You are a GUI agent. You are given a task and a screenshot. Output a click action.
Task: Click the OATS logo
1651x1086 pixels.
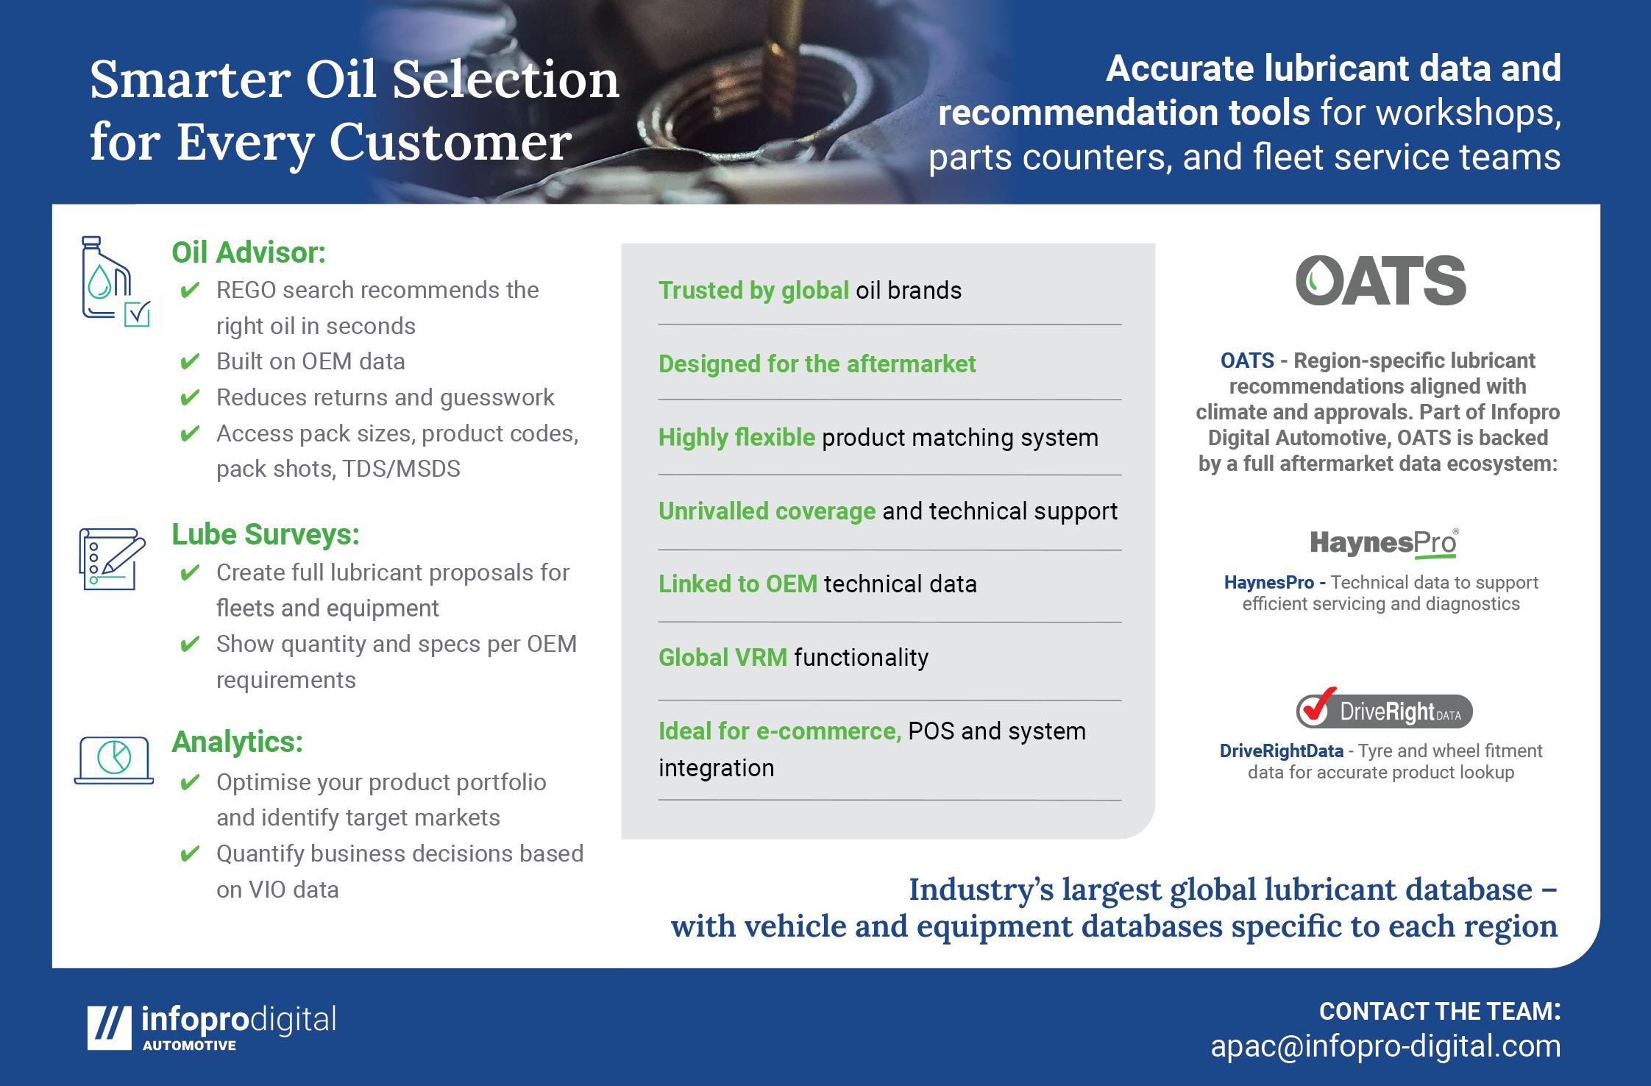tap(1380, 280)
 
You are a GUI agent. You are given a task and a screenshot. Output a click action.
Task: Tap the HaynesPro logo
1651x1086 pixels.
tap(1384, 543)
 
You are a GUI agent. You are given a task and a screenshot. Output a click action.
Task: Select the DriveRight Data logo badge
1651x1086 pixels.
tap(1384, 709)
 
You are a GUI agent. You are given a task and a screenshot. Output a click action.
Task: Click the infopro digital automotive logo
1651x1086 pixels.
tap(211, 1027)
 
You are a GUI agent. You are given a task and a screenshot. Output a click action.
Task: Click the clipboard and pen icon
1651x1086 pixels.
tap(112, 558)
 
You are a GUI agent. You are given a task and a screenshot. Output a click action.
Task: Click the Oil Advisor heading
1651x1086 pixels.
tap(249, 253)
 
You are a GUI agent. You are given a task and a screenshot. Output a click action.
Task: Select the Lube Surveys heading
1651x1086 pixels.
tap(266, 535)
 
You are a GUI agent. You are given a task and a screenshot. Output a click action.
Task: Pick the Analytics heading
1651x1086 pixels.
tap(237, 742)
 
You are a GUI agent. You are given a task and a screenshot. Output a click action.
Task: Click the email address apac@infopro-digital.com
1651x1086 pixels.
tap(1385, 1046)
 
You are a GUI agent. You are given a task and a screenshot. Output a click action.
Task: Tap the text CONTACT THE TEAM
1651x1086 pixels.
tap(1440, 1011)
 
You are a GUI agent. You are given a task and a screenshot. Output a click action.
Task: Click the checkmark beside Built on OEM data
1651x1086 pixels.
tap(190, 361)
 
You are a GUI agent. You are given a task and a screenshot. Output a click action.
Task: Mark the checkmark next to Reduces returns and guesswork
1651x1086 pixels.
tap(190, 397)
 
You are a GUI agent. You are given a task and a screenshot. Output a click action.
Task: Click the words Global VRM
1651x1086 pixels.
tap(722, 657)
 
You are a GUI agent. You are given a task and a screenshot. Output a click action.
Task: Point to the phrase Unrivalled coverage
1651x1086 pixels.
tap(767, 511)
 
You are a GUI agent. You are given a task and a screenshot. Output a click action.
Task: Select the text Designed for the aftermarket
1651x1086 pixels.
tap(817, 363)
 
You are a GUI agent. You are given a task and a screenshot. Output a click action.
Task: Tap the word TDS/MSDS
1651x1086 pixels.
tap(401, 469)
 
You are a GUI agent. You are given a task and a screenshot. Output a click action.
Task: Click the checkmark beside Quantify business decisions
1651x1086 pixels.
tap(190, 853)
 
